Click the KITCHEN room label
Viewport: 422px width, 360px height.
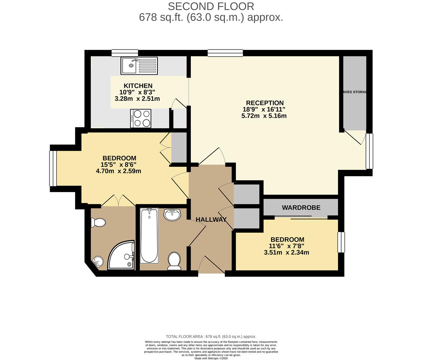tap(138, 86)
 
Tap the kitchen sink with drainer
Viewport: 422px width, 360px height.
tap(140, 66)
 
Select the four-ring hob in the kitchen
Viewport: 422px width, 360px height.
tap(141, 118)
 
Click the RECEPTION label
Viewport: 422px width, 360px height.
tap(265, 103)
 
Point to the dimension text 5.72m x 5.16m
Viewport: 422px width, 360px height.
tap(264, 116)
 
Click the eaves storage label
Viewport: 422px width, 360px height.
tap(354, 92)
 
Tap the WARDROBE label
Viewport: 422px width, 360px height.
tap(301, 208)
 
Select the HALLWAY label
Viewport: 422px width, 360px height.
tap(211, 220)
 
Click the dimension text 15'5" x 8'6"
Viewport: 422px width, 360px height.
tap(119, 165)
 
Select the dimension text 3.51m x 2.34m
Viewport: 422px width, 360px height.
tap(286, 253)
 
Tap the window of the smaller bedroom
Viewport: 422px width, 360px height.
tap(341, 242)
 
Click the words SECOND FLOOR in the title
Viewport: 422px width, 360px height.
tap(211, 6)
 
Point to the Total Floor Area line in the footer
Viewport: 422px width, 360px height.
tap(211, 337)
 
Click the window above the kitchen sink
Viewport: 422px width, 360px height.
tap(125, 53)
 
